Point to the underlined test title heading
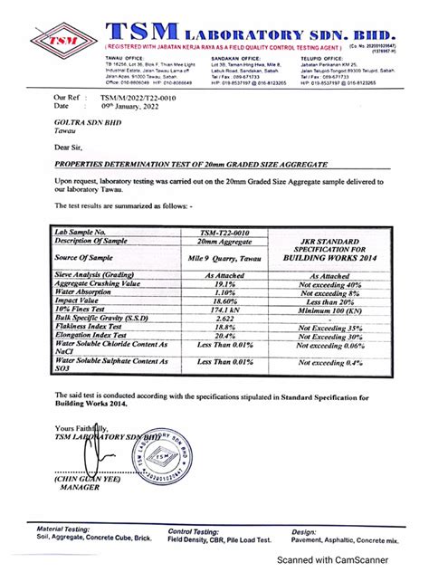click(x=174, y=166)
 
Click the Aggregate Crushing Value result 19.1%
click(x=221, y=283)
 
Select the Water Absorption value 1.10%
click(x=221, y=292)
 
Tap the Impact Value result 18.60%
click(x=221, y=301)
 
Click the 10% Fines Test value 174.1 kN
click(x=221, y=310)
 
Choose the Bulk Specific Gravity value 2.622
click(x=221, y=319)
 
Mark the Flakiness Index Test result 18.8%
click(x=221, y=327)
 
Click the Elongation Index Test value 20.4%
click(x=221, y=336)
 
